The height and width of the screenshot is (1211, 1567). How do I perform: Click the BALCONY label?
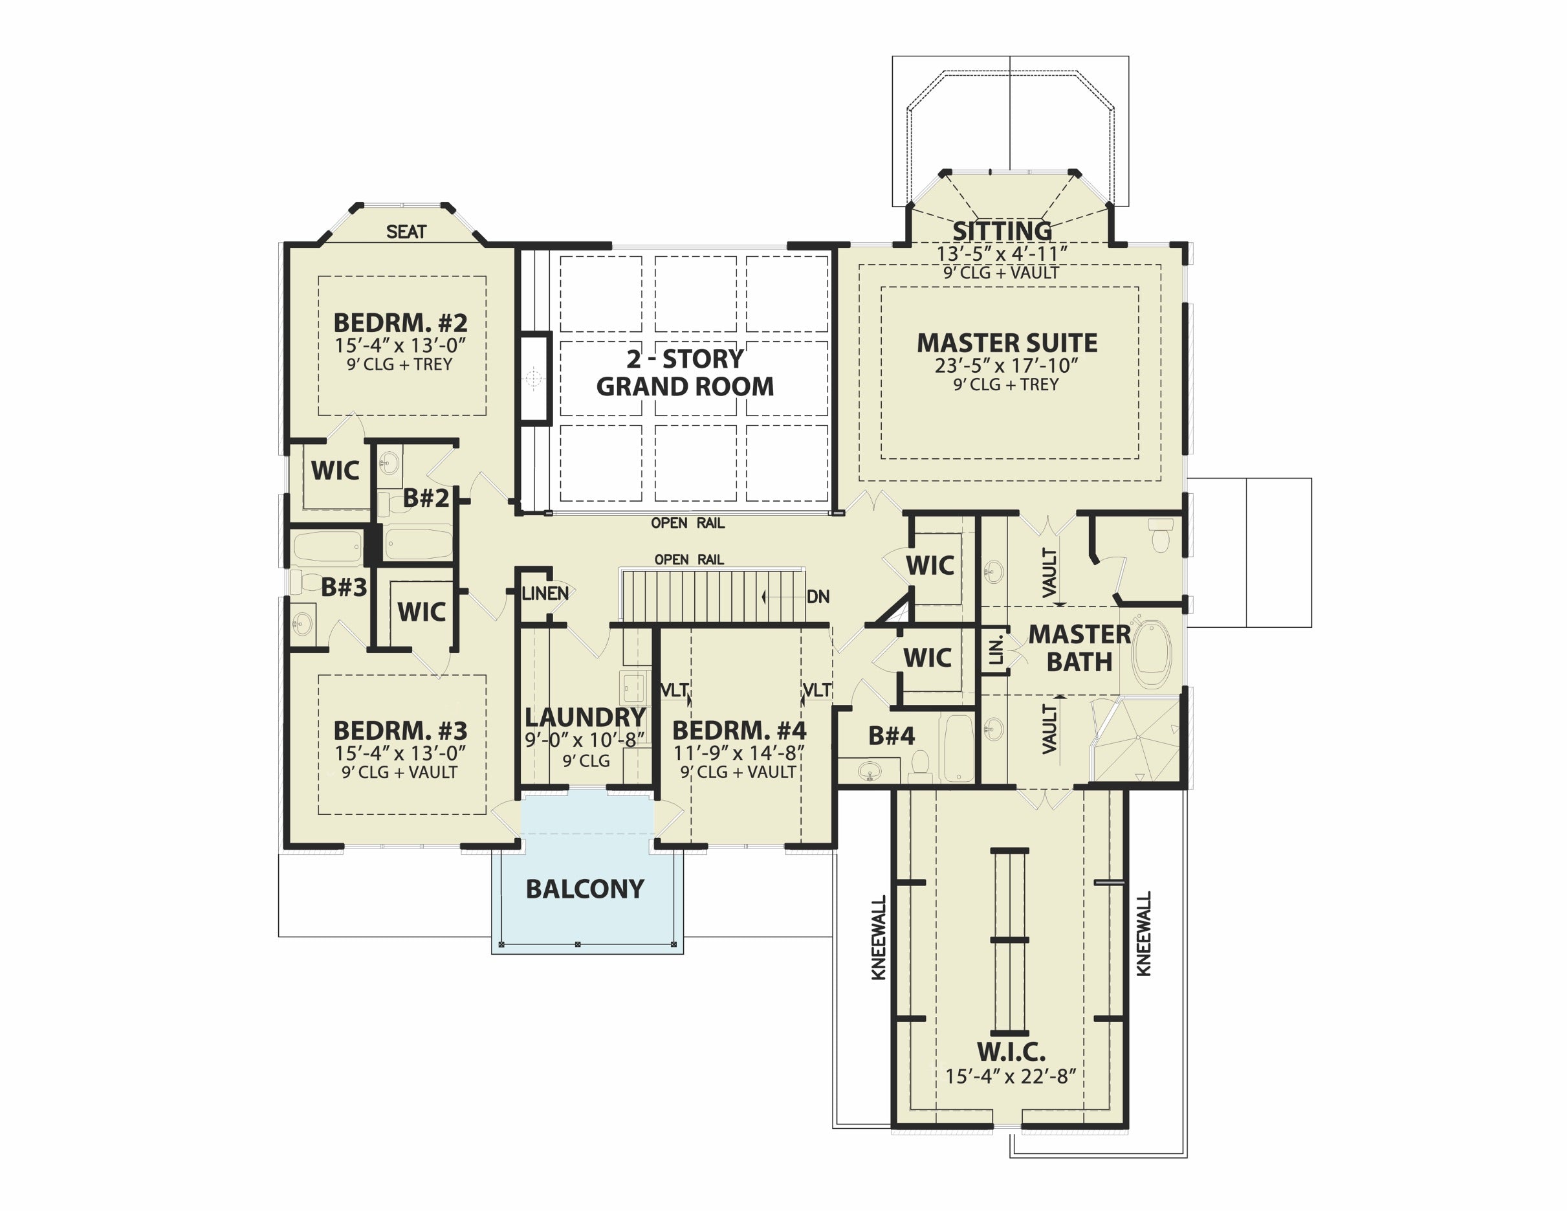click(585, 889)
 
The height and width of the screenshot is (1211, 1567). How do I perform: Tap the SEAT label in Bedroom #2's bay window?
click(406, 232)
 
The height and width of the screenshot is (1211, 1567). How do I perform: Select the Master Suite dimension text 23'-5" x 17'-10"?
click(1006, 366)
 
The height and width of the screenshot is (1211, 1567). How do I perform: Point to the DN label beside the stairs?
click(818, 597)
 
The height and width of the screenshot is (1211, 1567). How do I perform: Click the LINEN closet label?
click(545, 594)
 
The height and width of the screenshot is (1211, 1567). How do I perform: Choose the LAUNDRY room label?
click(586, 717)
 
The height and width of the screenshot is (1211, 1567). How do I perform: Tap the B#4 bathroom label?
click(891, 736)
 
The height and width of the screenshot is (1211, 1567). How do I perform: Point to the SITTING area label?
click(1002, 231)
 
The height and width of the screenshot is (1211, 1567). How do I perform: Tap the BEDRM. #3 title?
click(400, 731)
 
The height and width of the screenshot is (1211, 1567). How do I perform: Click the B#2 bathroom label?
click(426, 498)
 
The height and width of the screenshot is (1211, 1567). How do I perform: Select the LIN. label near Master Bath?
click(996, 650)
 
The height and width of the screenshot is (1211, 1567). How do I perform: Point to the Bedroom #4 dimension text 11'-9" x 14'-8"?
click(739, 752)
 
